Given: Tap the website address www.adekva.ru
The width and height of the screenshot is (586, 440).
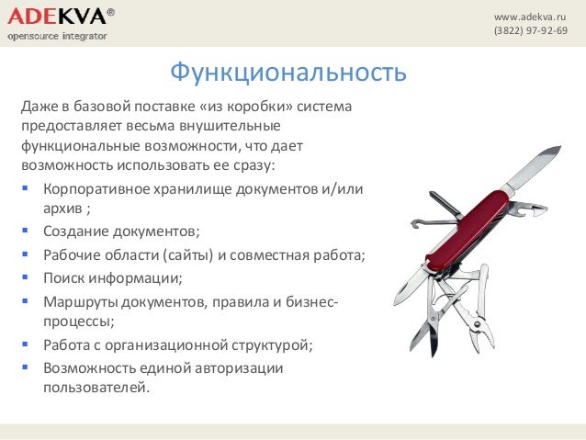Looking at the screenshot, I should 530,17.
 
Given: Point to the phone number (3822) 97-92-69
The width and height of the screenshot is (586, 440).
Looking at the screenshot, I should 530,31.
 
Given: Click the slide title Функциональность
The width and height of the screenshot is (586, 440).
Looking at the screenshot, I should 287,72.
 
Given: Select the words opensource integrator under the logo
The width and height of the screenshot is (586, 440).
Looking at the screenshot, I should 57,36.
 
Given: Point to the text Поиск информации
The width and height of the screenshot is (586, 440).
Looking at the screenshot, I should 112,276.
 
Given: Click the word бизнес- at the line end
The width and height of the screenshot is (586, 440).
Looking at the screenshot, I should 310,300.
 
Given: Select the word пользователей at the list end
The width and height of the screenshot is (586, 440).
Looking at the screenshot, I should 95,387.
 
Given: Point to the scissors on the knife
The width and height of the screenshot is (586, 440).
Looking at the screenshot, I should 432,317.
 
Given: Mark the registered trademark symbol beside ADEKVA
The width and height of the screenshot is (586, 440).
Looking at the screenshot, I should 111,11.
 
